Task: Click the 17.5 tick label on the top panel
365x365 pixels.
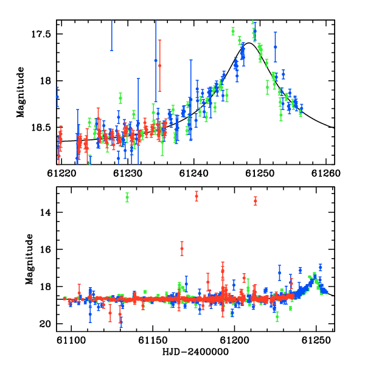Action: pyautogui.click(x=41, y=34)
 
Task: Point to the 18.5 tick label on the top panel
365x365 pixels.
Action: pyautogui.click(x=41, y=128)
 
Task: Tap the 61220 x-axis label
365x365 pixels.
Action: pyautogui.click(x=61, y=173)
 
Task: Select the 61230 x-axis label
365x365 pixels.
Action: pyautogui.click(x=128, y=173)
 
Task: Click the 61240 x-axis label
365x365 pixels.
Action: pyautogui.click(x=193, y=173)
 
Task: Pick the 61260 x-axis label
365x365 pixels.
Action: pyautogui.click(x=326, y=173)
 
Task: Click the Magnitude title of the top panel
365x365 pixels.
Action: pyautogui.click(x=20, y=92)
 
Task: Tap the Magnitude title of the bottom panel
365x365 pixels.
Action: pyautogui.click(x=29, y=259)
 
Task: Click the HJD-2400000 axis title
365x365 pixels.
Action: pyautogui.click(x=195, y=352)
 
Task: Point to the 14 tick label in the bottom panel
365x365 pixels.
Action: pyautogui.click(x=45, y=212)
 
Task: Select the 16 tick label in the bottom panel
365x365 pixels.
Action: pyautogui.click(x=45, y=249)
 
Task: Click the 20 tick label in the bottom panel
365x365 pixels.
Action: pyautogui.click(x=45, y=324)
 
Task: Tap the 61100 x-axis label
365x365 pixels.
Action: pyautogui.click(x=71, y=340)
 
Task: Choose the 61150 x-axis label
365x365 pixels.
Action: pyautogui.click(x=153, y=340)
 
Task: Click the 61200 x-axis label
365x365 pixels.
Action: pyautogui.click(x=234, y=340)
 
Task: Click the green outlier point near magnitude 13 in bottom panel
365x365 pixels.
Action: pyautogui.click(x=127, y=197)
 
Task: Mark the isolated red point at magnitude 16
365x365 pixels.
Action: pyautogui.click(x=182, y=249)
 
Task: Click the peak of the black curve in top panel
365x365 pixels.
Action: pyautogui.click(x=249, y=43)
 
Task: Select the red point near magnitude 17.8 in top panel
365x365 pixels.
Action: pyautogui.click(x=159, y=66)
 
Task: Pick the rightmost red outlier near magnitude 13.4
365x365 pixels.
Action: pyautogui.click(x=255, y=201)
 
